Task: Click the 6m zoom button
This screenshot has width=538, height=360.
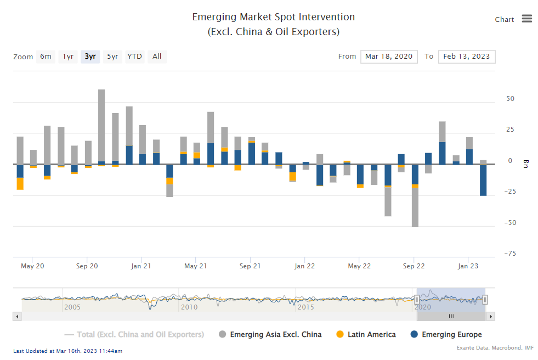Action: click(46, 57)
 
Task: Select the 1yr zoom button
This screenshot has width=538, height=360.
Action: click(68, 57)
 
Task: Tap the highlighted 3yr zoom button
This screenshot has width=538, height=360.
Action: click(90, 57)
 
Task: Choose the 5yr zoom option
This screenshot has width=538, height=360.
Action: click(112, 57)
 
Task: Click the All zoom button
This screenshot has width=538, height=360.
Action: click(157, 57)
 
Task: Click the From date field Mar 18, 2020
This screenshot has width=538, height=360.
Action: click(389, 57)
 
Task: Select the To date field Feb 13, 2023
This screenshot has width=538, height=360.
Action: click(467, 57)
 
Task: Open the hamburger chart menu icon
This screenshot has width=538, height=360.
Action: click(527, 19)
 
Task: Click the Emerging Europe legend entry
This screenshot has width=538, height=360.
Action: click(446, 335)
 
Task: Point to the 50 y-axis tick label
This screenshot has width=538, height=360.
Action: click(510, 99)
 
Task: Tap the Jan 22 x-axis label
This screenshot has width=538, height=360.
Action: click(304, 266)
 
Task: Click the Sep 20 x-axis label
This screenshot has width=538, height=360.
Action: click(87, 266)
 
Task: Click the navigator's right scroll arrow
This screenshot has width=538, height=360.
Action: click(491, 317)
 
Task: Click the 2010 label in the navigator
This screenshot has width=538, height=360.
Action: click(189, 307)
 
